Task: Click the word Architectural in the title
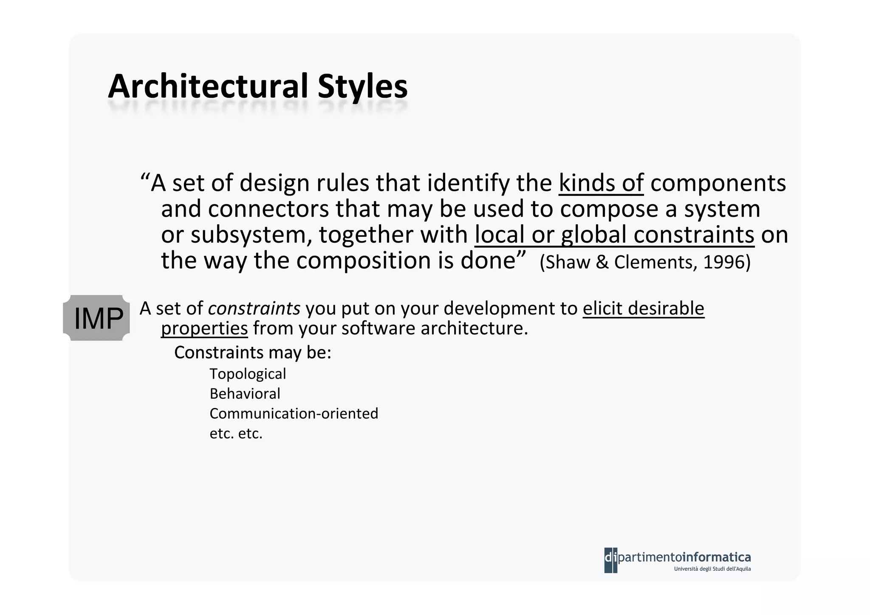pos(208,87)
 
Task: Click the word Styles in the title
pos(362,87)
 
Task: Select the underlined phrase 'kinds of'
pos(601,183)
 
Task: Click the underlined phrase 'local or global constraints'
pos(614,235)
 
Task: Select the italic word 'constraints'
pos(254,309)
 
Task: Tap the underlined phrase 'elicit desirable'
pos(643,309)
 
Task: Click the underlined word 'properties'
pos(204,329)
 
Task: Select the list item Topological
pos(248,374)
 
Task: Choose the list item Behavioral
pos(245,394)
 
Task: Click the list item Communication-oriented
pos(294,414)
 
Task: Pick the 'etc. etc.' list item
pos(236,434)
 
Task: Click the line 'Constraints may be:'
pos(252,353)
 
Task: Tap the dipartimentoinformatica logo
pos(677,557)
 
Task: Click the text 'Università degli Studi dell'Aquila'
pos(712,569)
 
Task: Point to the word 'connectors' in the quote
pos(268,209)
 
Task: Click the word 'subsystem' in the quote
pos(251,235)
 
